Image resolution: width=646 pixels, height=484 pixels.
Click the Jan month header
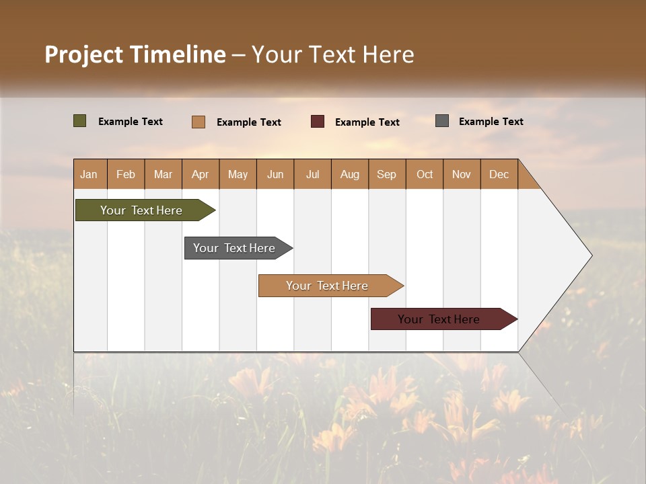pos(89,174)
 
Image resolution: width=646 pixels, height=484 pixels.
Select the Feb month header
pos(126,174)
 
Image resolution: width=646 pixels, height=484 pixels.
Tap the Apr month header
pos(201,174)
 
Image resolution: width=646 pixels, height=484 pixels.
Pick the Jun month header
pos(275,174)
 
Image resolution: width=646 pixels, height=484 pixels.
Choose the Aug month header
pos(350,174)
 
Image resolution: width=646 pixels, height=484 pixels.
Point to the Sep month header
pos(387,174)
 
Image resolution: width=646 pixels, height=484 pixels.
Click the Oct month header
pos(425,174)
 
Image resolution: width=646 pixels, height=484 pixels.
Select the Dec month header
pos(499,174)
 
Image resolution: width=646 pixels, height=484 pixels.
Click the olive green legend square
pos(80,121)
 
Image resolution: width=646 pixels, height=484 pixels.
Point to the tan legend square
pos(199,122)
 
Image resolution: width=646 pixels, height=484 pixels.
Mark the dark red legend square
pos(318,122)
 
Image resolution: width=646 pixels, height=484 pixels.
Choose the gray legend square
pos(442,121)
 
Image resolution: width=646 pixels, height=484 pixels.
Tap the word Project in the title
pos(83,54)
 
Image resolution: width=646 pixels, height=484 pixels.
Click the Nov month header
pos(462,174)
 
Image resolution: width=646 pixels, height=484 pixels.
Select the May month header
pos(238,174)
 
